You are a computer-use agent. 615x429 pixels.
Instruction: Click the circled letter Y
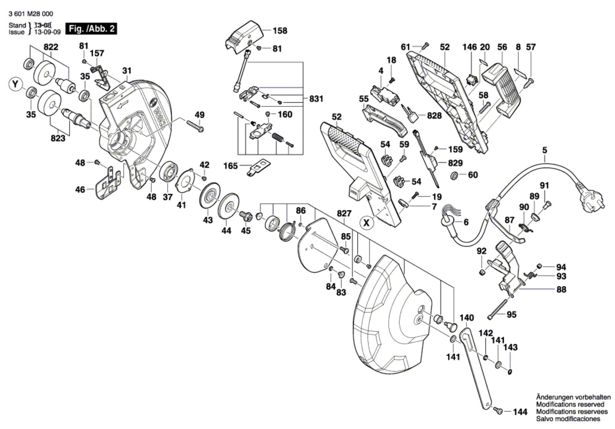click(15, 84)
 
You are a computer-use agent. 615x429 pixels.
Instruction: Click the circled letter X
click(367, 223)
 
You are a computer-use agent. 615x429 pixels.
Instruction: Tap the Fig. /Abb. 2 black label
click(91, 29)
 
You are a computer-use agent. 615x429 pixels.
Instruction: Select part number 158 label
click(280, 30)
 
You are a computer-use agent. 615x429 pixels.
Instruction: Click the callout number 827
click(344, 213)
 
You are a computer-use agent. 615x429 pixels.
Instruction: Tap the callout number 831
click(316, 99)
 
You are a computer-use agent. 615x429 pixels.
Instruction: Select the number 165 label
click(231, 166)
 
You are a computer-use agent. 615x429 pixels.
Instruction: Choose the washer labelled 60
click(454, 175)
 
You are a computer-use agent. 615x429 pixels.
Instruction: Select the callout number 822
click(51, 47)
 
